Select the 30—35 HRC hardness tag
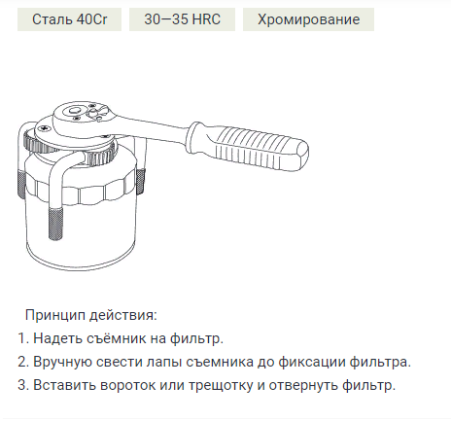coord(182,19)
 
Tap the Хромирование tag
coord(308,19)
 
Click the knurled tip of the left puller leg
coord(23,190)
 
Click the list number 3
coord(22,385)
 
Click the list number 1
coord(22,338)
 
